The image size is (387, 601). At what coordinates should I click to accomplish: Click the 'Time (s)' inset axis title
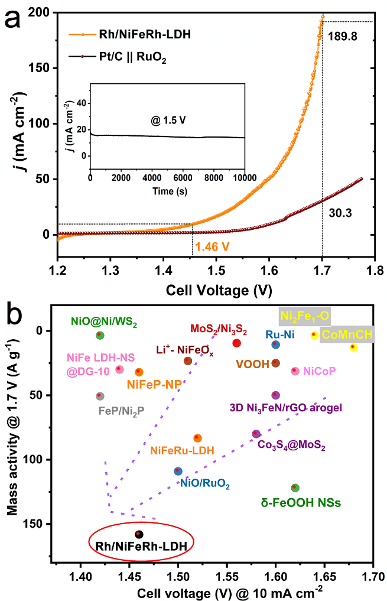167,191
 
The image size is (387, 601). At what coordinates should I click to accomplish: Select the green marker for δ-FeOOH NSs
295,488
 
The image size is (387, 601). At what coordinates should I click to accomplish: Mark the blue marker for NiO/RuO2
178,471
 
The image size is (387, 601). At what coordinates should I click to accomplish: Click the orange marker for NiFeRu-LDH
197,438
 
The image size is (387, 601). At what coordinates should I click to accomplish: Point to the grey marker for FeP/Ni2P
100,396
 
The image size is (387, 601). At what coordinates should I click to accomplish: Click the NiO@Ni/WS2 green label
103,322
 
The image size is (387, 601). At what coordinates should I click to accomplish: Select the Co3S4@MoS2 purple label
291,444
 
